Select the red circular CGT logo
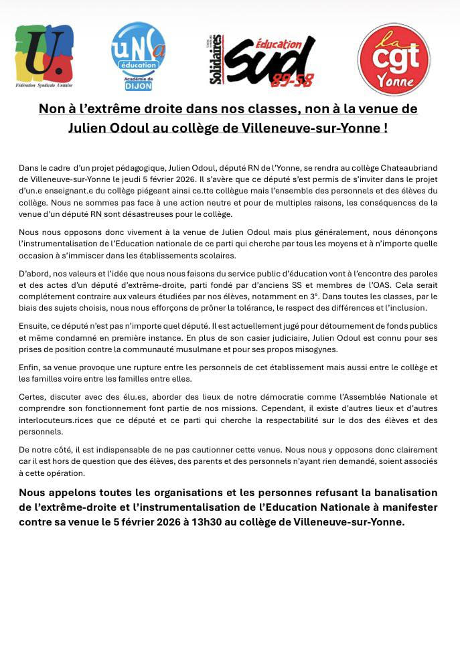pos(394,59)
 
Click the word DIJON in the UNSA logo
pos(139,86)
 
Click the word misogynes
pos(315,349)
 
